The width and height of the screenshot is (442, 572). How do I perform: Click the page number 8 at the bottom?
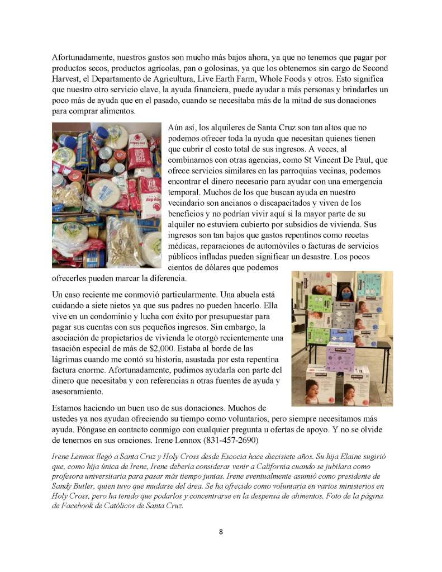click(x=221, y=531)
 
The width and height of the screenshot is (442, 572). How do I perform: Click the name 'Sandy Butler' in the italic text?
click(x=76, y=486)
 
